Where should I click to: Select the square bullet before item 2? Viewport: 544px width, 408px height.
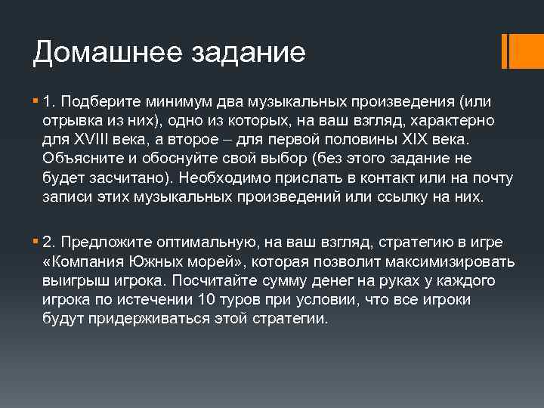click(x=36, y=242)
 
